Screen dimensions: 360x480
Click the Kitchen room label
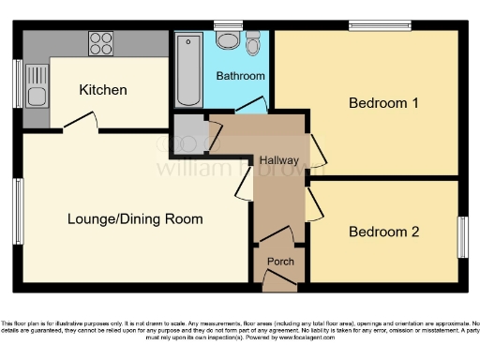click(x=102, y=90)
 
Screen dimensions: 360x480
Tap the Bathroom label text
click(x=241, y=75)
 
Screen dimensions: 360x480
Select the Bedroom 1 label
click(x=383, y=103)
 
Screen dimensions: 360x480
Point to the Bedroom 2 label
click(x=383, y=232)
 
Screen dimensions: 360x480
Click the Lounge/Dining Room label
click(x=135, y=219)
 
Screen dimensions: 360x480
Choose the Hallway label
click(x=279, y=160)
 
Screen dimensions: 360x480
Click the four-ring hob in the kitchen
click(x=100, y=42)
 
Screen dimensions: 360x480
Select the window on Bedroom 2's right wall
click(x=462, y=237)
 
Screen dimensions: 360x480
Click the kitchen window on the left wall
click(x=18, y=85)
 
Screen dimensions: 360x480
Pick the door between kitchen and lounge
click(x=81, y=125)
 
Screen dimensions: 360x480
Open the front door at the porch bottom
click(x=278, y=280)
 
